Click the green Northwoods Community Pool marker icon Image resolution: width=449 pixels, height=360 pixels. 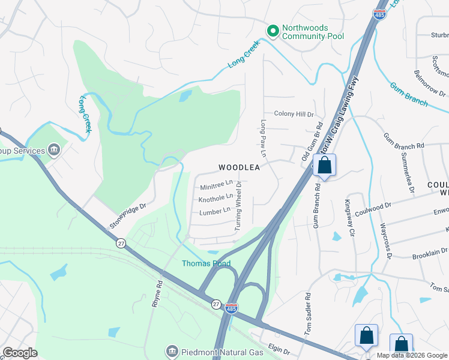point(273,29)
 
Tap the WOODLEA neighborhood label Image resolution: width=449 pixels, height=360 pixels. point(239,167)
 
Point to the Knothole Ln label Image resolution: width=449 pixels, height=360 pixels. point(216,197)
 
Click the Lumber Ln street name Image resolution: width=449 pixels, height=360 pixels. point(215,211)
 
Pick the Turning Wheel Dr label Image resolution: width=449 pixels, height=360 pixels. point(238,206)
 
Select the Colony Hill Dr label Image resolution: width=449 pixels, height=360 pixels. point(294,114)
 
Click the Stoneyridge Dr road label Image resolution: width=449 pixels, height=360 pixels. point(128,215)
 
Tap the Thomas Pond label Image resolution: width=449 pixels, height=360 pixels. point(206,263)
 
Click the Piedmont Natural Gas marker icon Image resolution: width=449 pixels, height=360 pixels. point(172,350)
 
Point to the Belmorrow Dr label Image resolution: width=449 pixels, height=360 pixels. point(430,84)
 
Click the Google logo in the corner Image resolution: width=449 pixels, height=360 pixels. point(20,353)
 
